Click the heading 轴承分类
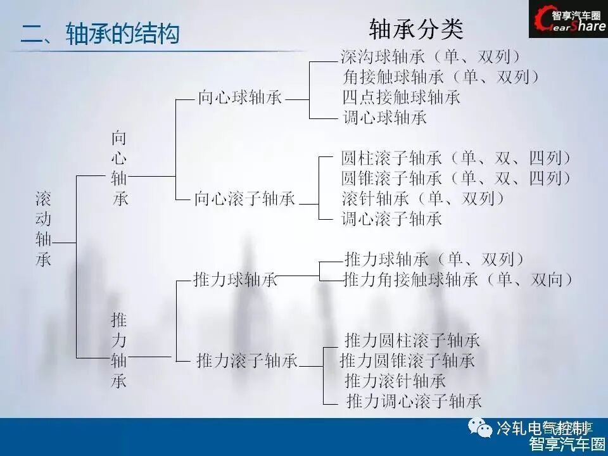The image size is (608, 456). coord(416,28)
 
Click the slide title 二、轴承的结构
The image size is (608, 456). coord(100,34)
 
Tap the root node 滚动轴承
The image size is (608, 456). coord(44,229)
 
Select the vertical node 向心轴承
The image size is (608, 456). coord(120,168)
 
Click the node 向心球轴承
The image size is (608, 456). coord(239,98)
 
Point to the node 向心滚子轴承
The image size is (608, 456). coord(244,199)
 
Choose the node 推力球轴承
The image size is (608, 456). coord(235,280)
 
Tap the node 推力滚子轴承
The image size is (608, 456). coord(247,361)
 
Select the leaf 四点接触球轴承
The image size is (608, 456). coord(401,97)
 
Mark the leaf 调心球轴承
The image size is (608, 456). coord(384,117)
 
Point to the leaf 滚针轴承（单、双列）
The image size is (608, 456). coord(424,198)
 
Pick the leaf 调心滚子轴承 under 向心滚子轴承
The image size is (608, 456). coord(391,219)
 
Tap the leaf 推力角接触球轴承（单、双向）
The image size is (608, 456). coord(459,279)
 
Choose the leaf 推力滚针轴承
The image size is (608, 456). coord(395,381)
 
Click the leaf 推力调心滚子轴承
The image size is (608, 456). coord(414,401)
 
